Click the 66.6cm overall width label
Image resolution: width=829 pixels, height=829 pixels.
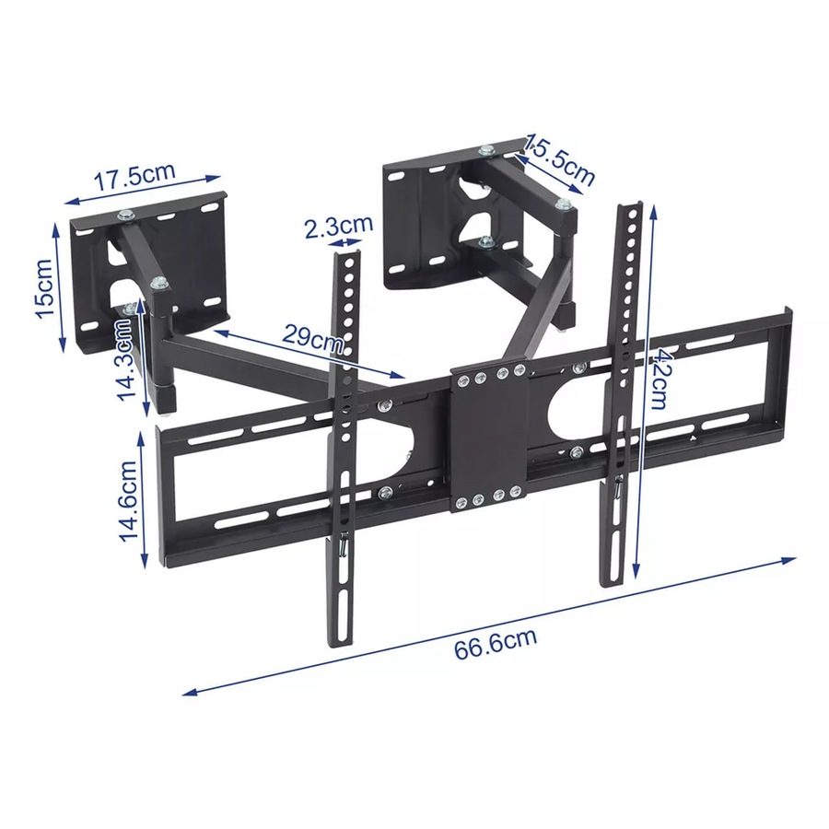click(495, 642)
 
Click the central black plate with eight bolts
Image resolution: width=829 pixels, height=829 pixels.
click(488, 438)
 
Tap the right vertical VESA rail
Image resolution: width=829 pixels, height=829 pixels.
click(621, 387)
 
